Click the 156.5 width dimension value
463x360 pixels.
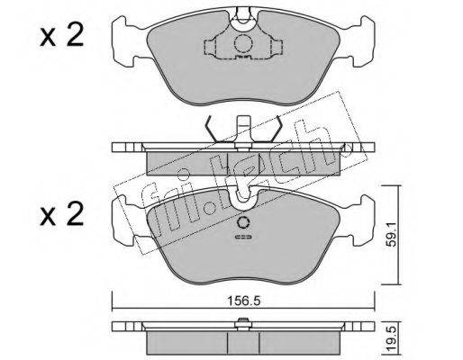[x=243, y=301]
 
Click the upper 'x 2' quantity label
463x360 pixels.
[x=61, y=36]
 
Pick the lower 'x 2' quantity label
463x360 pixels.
[x=61, y=214]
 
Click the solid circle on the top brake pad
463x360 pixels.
[x=242, y=44]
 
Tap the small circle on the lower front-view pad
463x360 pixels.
[x=243, y=222]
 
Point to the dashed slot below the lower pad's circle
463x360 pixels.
[x=243, y=238]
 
